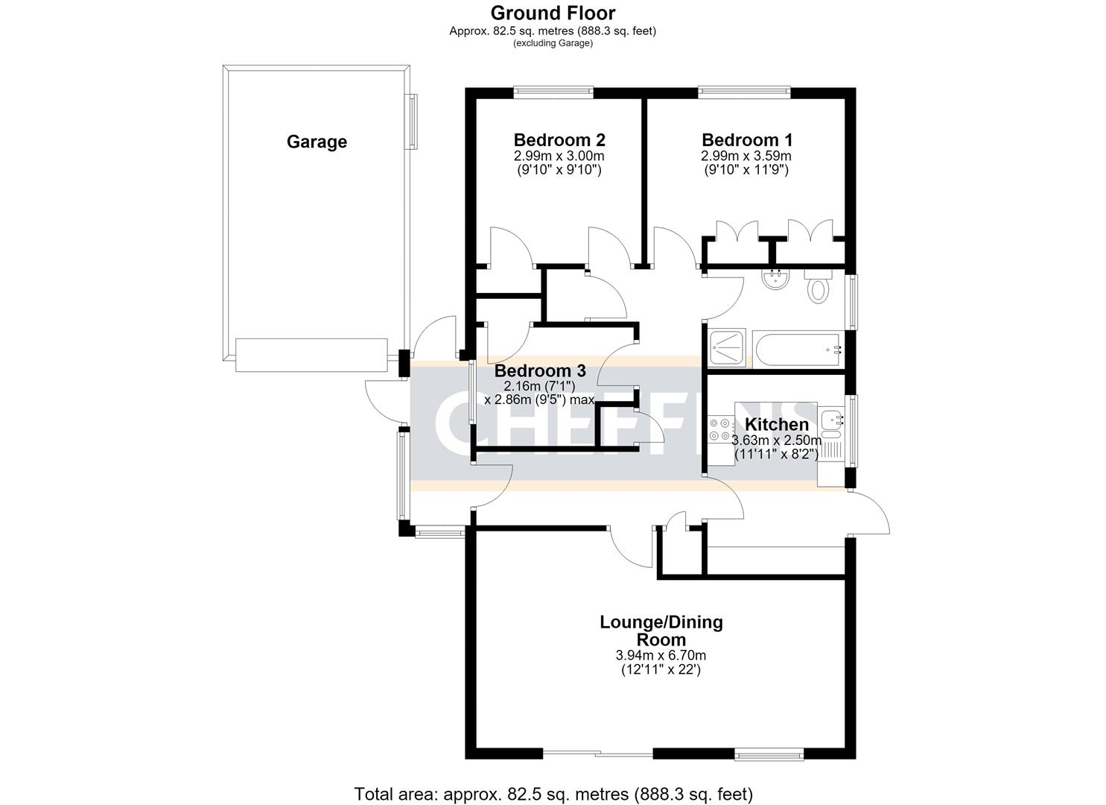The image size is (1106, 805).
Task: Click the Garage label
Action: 317,142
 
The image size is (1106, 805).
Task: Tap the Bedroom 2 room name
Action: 559,140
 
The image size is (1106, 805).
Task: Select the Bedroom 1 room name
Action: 747,140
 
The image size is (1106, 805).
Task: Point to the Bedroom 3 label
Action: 540,370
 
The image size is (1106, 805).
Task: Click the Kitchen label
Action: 777,424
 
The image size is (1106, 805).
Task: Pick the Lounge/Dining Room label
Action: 661,631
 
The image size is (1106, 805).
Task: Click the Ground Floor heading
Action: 553,13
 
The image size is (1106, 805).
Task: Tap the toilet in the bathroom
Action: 819,286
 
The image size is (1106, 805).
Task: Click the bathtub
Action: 796,350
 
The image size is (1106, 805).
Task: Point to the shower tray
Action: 727,348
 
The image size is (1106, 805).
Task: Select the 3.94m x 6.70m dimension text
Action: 661,655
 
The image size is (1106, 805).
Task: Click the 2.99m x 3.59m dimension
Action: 746,157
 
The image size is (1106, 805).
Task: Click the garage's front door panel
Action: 311,355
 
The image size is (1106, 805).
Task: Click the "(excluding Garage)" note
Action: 553,43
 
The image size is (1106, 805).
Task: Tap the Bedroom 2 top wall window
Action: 553,90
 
